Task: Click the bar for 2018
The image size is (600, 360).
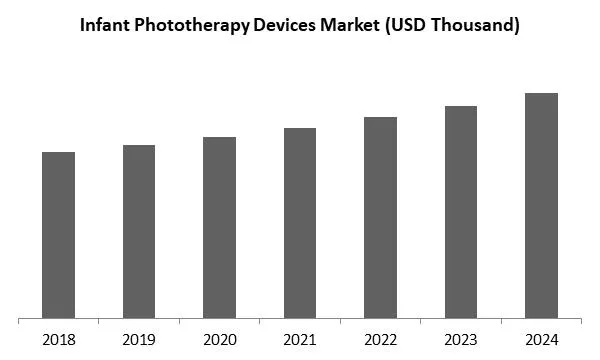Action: point(59,235)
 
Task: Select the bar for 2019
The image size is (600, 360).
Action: point(139,231)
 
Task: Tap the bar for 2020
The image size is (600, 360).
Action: point(219,227)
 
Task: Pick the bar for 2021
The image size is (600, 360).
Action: point(300,223)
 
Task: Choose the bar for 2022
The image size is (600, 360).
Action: point(380,217)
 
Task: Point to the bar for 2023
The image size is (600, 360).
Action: point(461,212)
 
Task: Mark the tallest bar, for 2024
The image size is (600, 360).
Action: point(541,205)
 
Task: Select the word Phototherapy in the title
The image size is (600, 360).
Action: point(190,27)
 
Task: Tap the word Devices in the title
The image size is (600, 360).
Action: point(282,27)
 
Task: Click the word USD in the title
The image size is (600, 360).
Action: point(404,27)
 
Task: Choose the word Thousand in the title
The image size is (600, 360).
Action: point(472,27)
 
